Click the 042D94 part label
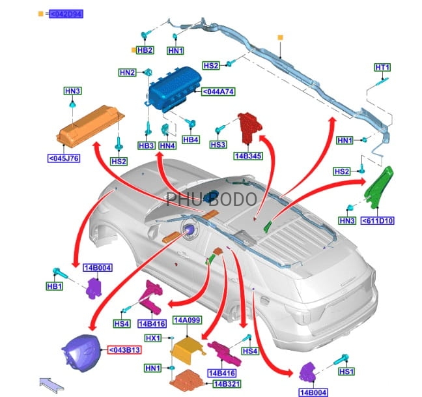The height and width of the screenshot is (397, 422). (x=67, y=14)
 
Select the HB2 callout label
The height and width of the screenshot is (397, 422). (x=145, y=50)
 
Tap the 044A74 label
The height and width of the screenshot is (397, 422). (x=218, y=92)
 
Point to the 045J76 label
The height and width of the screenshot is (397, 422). (x=64, y=157)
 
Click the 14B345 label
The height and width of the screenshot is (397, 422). (x=249, y=156)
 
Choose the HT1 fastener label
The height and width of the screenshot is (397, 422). (x=382, y=67)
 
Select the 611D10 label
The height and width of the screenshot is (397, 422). (x=378, y=221)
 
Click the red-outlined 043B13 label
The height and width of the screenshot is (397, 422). (x=124, y=349)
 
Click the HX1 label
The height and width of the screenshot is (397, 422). (x=153, y=338)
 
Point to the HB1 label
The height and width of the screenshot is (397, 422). (x=53, y=286)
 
